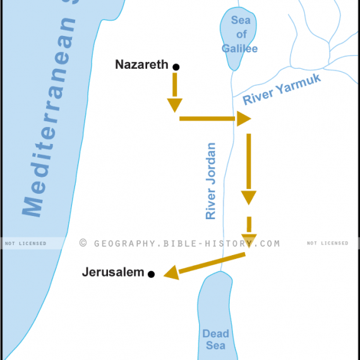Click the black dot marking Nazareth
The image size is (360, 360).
click(176, 66)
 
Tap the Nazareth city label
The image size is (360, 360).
click(141, 64)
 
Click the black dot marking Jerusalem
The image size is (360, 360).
click(151, 274)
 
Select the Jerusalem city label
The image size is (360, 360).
click(113, 273)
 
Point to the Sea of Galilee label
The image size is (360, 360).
click(240, 34)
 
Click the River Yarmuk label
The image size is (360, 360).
click(282, 89)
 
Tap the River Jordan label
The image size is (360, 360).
click(211, 181)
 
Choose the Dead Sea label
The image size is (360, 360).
click(215, 339)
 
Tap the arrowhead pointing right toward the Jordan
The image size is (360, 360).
click(243, 118)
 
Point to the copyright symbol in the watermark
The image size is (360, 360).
click(83, 243)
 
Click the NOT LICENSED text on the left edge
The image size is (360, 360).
click(25, 243)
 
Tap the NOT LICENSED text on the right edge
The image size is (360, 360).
click(327, 243)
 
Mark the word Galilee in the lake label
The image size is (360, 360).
click(240, 48)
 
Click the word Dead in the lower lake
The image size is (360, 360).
click(215, 333)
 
